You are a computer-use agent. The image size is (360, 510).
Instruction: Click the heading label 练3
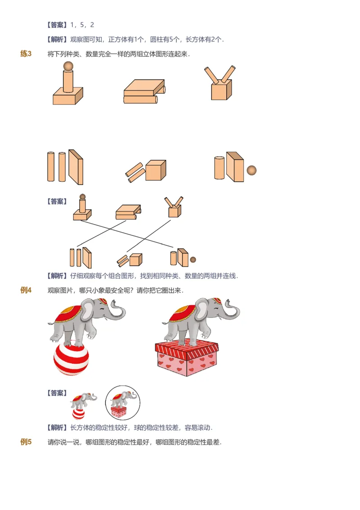click(26, 54)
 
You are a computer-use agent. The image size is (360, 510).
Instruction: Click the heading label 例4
click(26, 290)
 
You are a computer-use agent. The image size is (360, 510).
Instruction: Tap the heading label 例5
click(26, 442)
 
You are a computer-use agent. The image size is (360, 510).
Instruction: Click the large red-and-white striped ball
click(71, 360)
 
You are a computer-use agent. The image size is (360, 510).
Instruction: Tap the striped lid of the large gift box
click(186, 349)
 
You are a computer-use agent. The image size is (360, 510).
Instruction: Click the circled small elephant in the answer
click(122, 403)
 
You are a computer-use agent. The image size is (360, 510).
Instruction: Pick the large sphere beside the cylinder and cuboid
click(252, 170)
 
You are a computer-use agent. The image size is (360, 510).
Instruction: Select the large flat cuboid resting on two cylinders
click(143, 87)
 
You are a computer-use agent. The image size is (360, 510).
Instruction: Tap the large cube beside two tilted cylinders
click(156, 170)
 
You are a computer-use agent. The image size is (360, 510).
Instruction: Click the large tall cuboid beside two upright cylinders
click(76, 167)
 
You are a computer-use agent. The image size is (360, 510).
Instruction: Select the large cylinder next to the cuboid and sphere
click(219, 168)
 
